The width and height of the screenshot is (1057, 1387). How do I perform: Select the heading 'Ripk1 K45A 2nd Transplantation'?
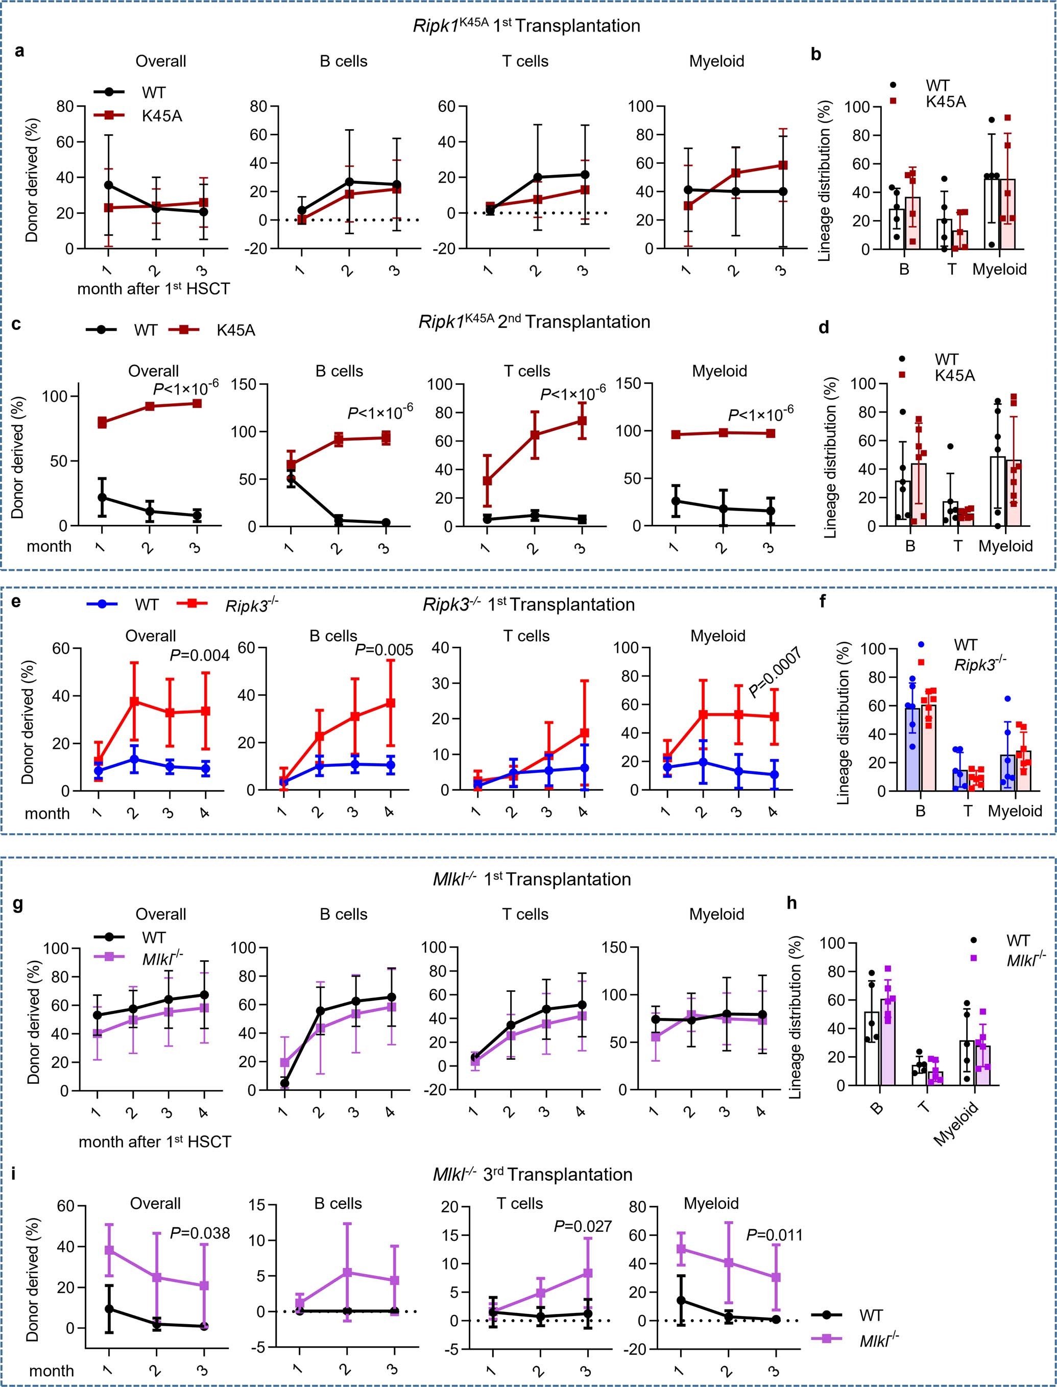click(534, 322)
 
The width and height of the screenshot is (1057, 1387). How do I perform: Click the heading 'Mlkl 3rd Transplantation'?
click(532, 1175)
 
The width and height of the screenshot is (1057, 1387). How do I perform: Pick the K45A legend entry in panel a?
click(162, 116)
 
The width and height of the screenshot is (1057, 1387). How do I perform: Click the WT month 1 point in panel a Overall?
click(109, 185)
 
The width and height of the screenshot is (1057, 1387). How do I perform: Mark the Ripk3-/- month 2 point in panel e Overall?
click(133, 701)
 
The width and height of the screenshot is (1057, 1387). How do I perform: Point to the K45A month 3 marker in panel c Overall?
click(197, 403)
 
